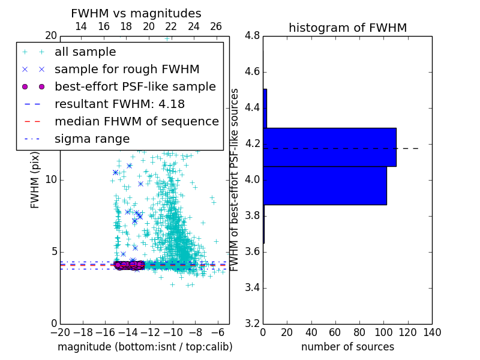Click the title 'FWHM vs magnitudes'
[136, 14]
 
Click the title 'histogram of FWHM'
[347, 28]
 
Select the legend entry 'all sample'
[85, 52]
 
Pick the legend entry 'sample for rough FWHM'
[127, 69]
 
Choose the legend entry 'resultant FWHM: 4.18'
[119, 104]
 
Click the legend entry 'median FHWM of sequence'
[136, 121]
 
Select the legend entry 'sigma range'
[92, 139]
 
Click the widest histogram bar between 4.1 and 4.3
[329, 147]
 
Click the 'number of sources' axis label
[347, 347]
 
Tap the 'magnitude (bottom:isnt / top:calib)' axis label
[145, 347]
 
